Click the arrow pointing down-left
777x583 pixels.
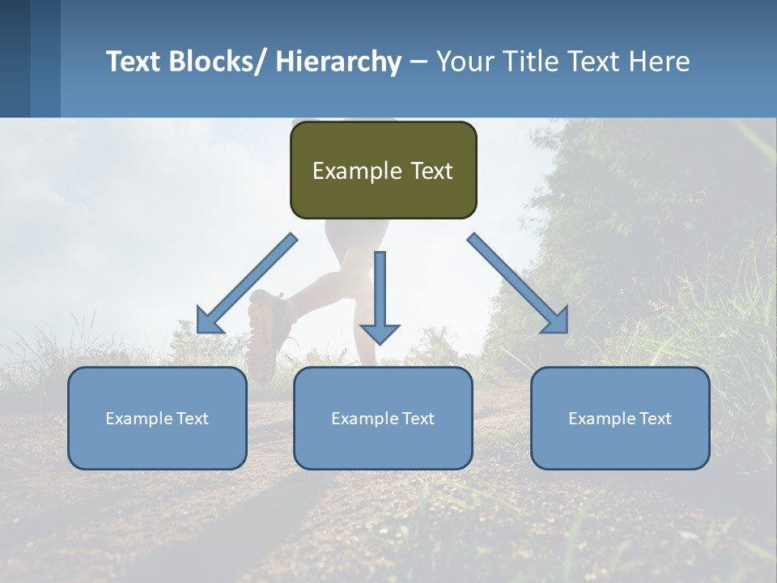click(246, 283)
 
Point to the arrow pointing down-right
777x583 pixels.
click(518, 283)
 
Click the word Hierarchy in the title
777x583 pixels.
click(338, 62)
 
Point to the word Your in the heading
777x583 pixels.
click(464, 62)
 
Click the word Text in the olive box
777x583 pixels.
click(431, 171)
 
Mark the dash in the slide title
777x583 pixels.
click(418, 62)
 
